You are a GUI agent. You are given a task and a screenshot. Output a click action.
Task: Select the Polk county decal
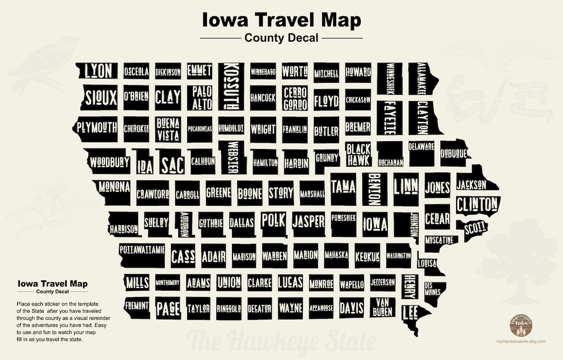(x=274, y=220)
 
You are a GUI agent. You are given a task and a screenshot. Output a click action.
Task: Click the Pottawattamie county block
(x=141, y=250)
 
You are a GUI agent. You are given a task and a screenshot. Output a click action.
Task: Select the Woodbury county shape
(x=109, y=162)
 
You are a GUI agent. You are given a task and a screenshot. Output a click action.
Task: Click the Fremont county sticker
(x=136, y=306)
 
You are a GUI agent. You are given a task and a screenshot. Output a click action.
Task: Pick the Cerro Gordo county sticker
(x=296, y=98)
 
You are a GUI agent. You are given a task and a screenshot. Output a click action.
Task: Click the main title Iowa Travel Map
(x=281, y=21)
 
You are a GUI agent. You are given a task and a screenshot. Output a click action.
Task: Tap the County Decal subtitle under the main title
(x=281, y=38)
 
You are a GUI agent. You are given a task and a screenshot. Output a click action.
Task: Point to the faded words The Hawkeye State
(x=281, y=341)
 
